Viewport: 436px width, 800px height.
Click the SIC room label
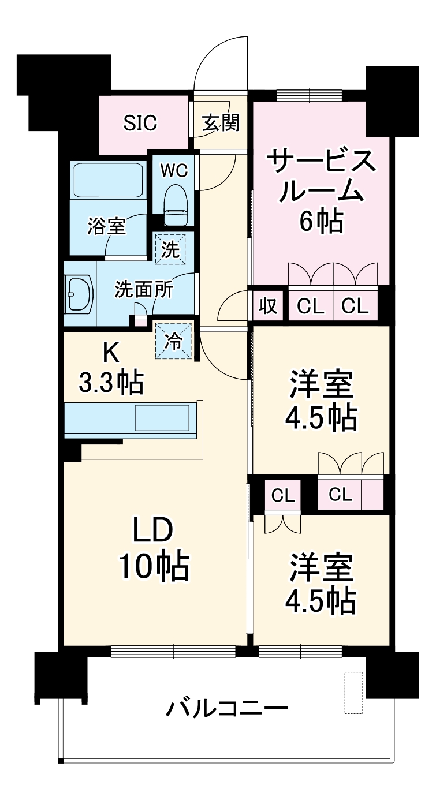pyautogui.click(x=141, y=123)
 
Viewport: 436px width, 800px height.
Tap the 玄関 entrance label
pyautogui.click(x=220, y=123)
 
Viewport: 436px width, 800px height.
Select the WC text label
pyautogui.click(x=174, y=171)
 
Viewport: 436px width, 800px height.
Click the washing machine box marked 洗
pyautogui.click(x=170, y=248)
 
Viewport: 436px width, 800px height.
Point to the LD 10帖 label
pyautogui.click(x=153, y=550)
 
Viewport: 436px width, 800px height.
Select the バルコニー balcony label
pyautogui.click(x=226, y=708)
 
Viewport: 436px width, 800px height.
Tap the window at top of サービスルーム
pyautogui.click(x=309, y=95)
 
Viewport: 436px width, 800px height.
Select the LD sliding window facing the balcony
pyautogui.click(x=173, y=651)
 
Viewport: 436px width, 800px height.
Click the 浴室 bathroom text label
pyautogui.click(x=106, y=227)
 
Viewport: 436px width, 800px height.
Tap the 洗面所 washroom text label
pyautogui.click(x=143, y=290)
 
